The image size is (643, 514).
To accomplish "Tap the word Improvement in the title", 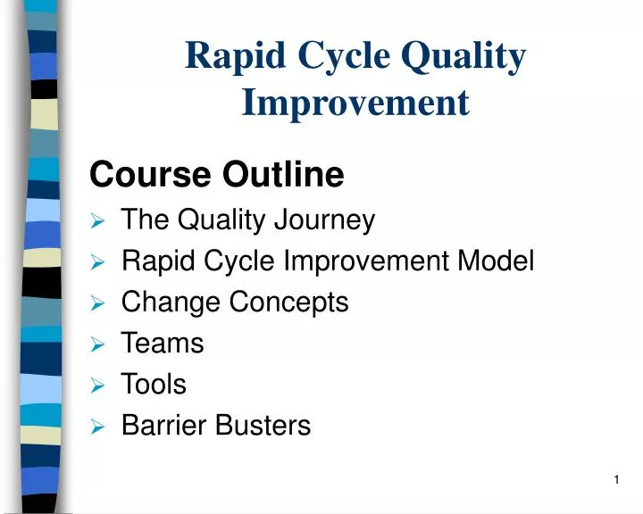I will pyautogui.click(x=355, y=104).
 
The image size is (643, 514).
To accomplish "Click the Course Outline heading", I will pyautogui.click(x=217, y=175).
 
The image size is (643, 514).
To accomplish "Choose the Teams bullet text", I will pyautogui.click(x=163, y=344).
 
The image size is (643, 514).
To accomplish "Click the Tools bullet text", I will pyautogui.click(x=154, y=385).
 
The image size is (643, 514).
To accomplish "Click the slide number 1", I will pyautogui.click(x=616, y=481).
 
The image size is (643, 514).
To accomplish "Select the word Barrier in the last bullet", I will pyautogui.click(x=165, y=426).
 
